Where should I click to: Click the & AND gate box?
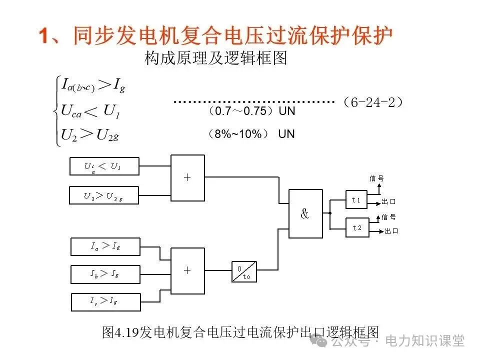point(305,213)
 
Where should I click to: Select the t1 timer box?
point(356,199)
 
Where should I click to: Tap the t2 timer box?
point(356,227)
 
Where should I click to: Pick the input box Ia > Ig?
point(105,246)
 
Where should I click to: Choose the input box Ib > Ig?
point(105,273)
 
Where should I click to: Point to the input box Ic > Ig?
point(105,301)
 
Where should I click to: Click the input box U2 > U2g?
point(104,195)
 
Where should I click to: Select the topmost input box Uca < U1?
point(104,166)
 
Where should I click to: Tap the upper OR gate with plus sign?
point(187,177)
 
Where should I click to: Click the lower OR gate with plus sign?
point(187,270)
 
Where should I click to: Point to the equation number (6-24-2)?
point(373,102)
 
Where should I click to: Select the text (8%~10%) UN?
point(251,134)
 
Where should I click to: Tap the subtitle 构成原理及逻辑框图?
point(215,59)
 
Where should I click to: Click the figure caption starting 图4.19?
point(240,332)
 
